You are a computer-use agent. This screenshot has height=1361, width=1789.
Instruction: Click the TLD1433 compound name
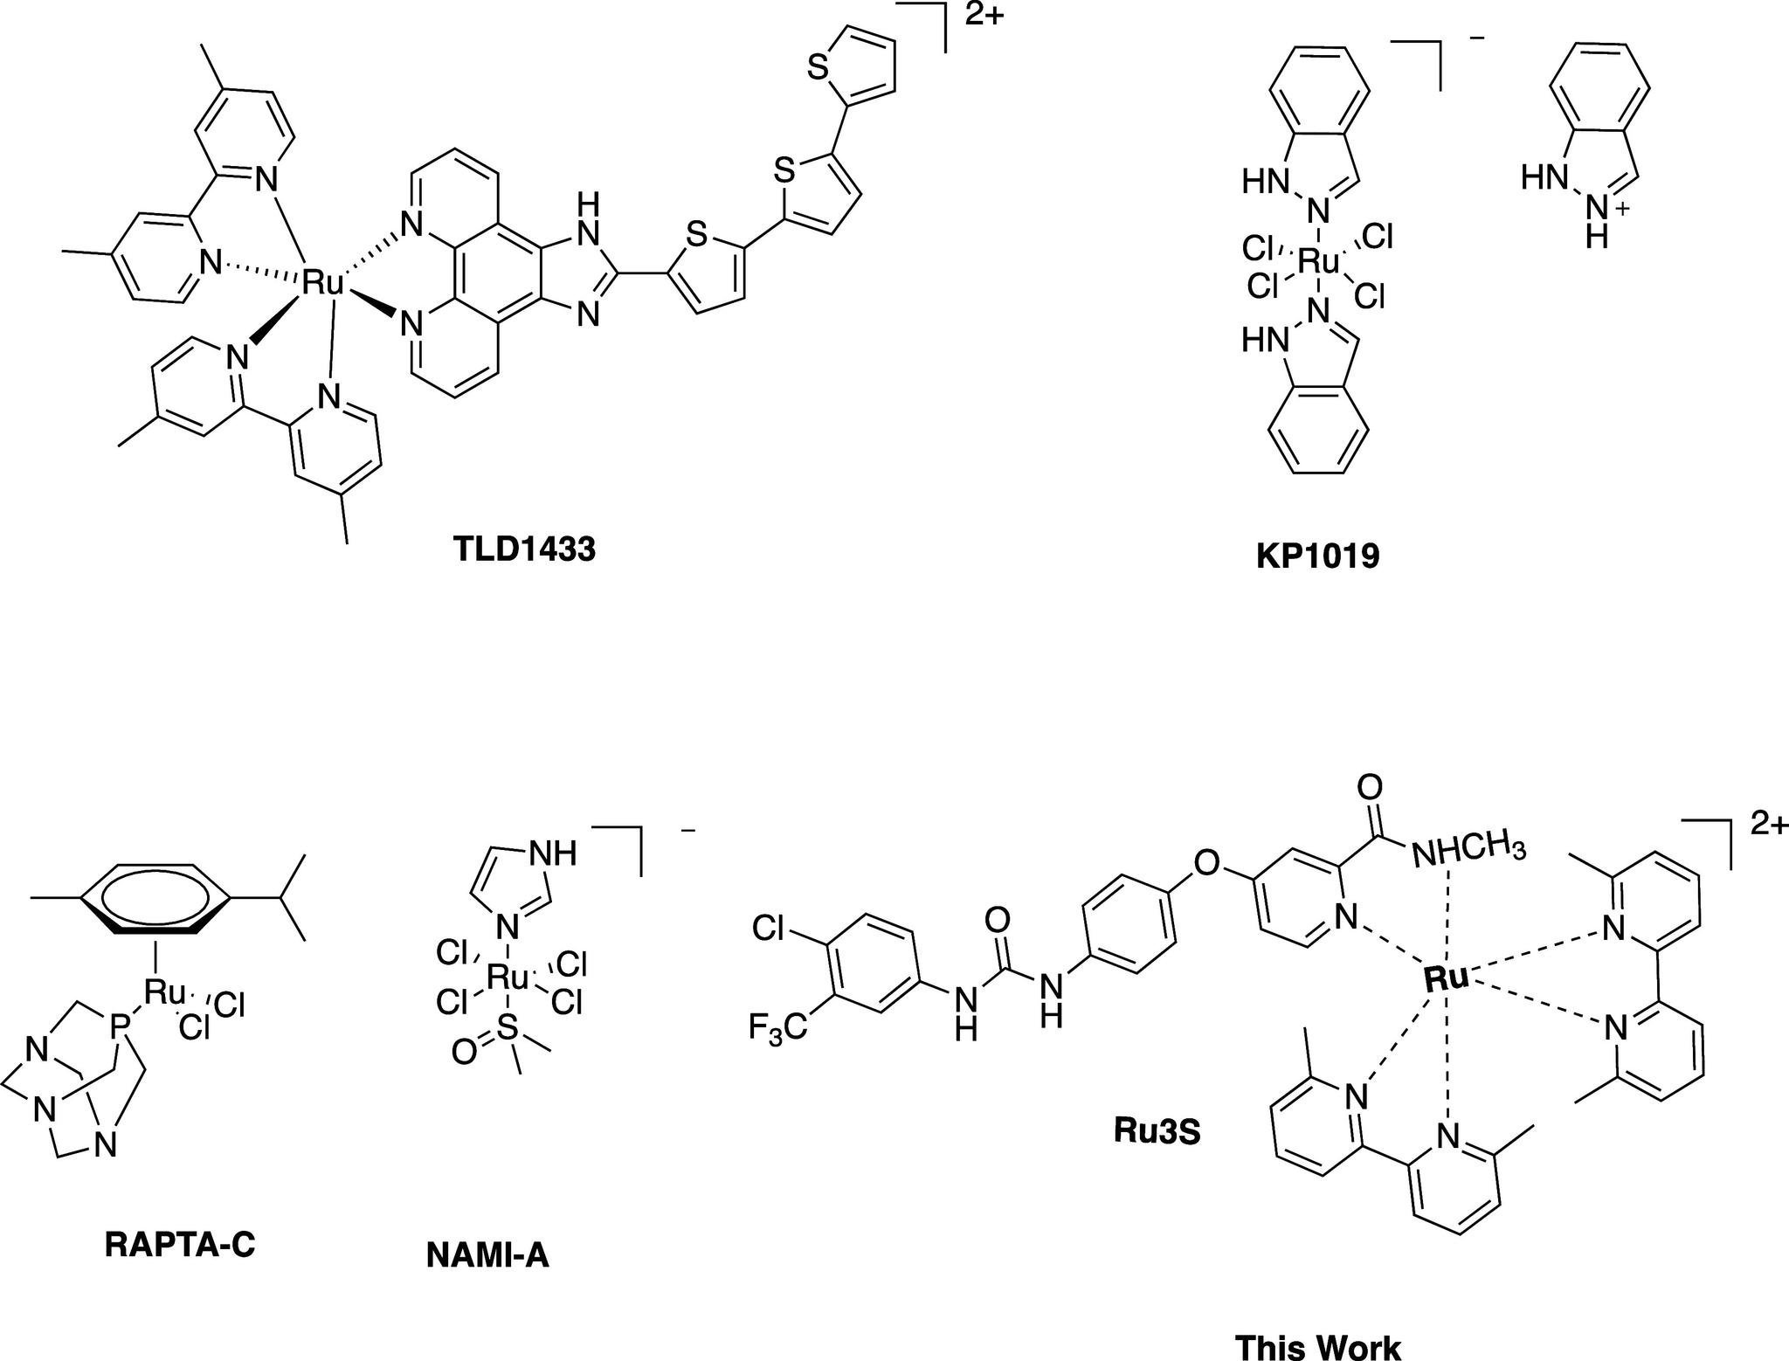(524, 549)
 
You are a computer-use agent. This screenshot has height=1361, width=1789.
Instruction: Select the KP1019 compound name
(1318, 556)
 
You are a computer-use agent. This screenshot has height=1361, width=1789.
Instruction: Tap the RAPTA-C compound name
(180, 1244)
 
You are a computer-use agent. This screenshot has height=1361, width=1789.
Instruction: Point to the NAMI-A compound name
(487, 1255)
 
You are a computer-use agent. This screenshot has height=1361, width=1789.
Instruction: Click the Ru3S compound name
(1157, 1131)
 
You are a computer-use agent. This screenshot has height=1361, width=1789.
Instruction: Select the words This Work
(1317, 1346)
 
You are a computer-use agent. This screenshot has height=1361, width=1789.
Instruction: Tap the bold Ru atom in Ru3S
(1446, 978)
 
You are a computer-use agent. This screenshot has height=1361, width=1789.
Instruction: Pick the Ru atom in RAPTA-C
(165, 991)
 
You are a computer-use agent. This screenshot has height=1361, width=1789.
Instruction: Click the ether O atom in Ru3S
(1206, 864)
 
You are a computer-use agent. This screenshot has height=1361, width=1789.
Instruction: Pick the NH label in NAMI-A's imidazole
(559, 853)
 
